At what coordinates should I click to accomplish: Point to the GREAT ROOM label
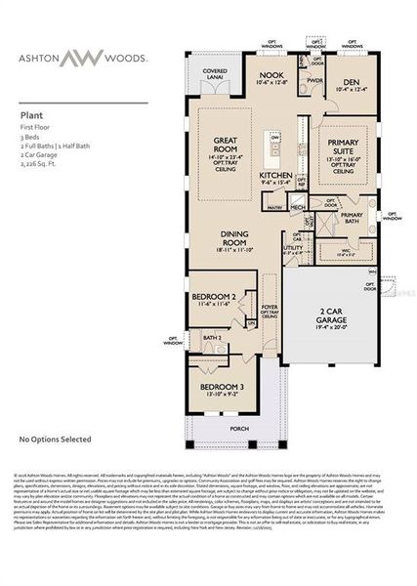(230, 146)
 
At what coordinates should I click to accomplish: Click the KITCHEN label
(275, 176)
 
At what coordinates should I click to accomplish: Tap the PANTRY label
(274, 207)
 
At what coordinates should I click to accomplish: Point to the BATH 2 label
(213, 337)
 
